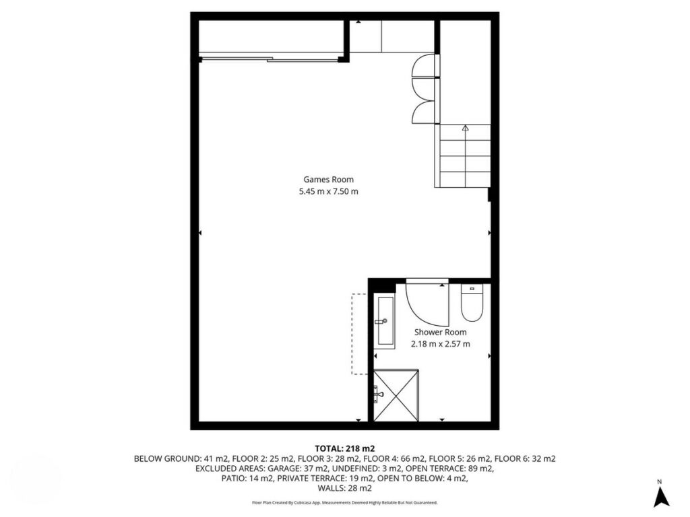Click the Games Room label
(328, 179)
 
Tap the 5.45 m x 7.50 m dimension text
(328, 191)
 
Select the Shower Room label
(440, 333)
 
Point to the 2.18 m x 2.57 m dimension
(440, 344)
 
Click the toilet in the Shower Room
(472, 302)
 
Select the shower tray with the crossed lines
(396, 396)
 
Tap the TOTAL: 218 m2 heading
(344, 449)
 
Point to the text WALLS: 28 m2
(344, 489)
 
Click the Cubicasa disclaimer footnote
(344, 502)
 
